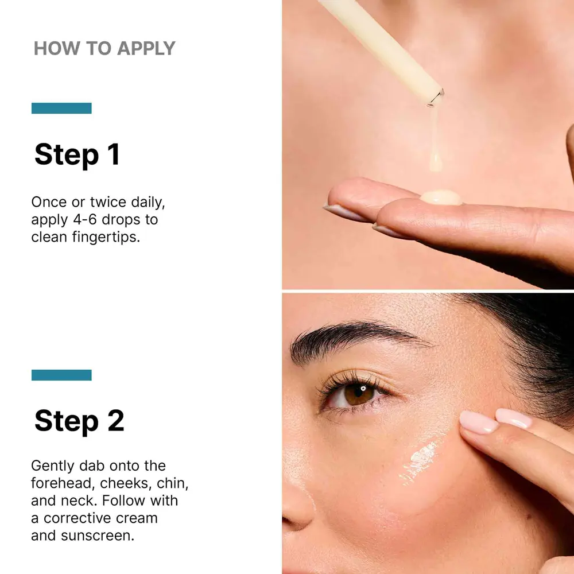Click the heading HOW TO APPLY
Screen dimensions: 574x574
coord(104,49)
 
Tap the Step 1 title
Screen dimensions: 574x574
coord(77,154)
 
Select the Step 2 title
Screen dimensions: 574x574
coord(79,421)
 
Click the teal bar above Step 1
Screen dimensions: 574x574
coord(61,108)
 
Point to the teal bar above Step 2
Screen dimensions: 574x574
coord(61,375)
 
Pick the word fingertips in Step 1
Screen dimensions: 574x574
coord(106,237)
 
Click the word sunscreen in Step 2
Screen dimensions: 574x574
coord(98,536)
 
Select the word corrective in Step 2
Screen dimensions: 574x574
coord(100,518)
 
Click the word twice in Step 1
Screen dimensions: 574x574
coord(108,202)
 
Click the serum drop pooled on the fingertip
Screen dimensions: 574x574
coord(441,197)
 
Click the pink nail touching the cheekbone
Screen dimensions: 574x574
coord(479,422)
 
